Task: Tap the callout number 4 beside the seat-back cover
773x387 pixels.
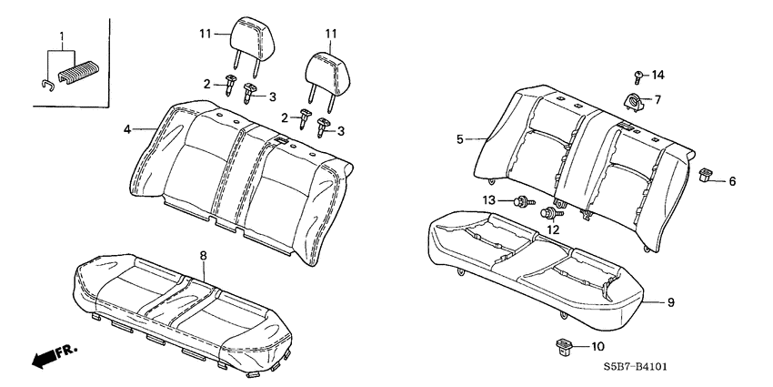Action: click(x=128, y=129)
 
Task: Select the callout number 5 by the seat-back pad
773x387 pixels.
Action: click(x=460, y=139)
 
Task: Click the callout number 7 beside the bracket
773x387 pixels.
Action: click(x=658, y=99)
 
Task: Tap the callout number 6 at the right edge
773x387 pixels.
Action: click(x=732, y=181)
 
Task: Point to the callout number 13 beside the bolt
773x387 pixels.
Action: click(x=489, y=200)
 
